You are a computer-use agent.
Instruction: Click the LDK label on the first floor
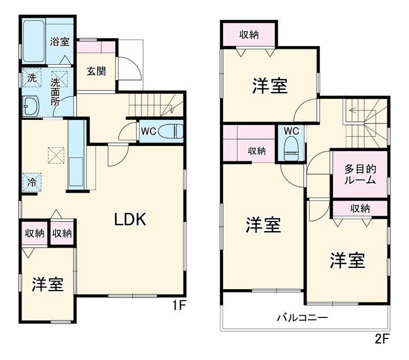[x=130, y=219]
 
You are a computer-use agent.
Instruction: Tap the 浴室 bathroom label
[x=60, y=41]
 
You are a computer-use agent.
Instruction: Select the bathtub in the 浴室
[x=34, y=41]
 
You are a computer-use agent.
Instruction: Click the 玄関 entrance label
[x=96, y=71]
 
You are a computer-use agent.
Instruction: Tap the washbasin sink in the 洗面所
[x=31, y=106]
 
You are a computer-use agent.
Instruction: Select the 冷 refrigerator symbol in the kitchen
[x=32, y=182]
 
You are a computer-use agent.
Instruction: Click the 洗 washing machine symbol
[x=32, y=78]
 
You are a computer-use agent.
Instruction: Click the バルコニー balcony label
[x=302, y=318]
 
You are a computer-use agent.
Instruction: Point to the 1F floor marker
[x=179, y=305]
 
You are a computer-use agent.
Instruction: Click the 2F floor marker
[x=382, y=338]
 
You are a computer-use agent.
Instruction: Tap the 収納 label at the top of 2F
[x=249, y=35]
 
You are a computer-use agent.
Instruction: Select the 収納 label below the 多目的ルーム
[x=360, y=208]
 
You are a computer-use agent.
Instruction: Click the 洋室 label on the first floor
[x=48, y=284]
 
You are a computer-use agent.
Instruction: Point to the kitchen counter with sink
[x=77, y=155]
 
